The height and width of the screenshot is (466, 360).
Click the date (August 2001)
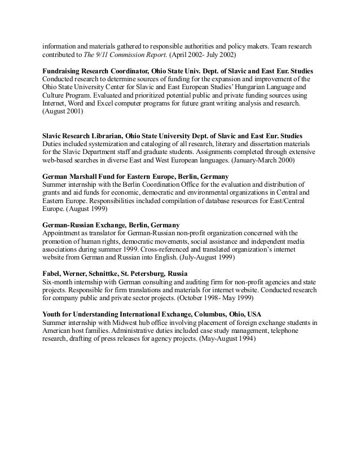point(63,112)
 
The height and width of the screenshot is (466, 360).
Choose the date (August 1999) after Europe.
point(89,208)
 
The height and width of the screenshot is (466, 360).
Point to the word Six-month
point(59,280)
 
